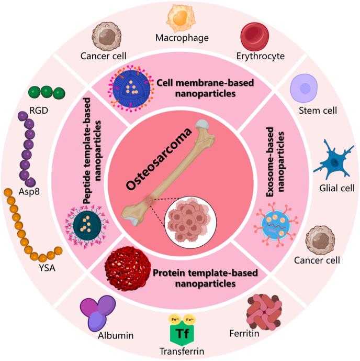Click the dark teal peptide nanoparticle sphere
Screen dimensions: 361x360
click(x=85, y=223)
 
